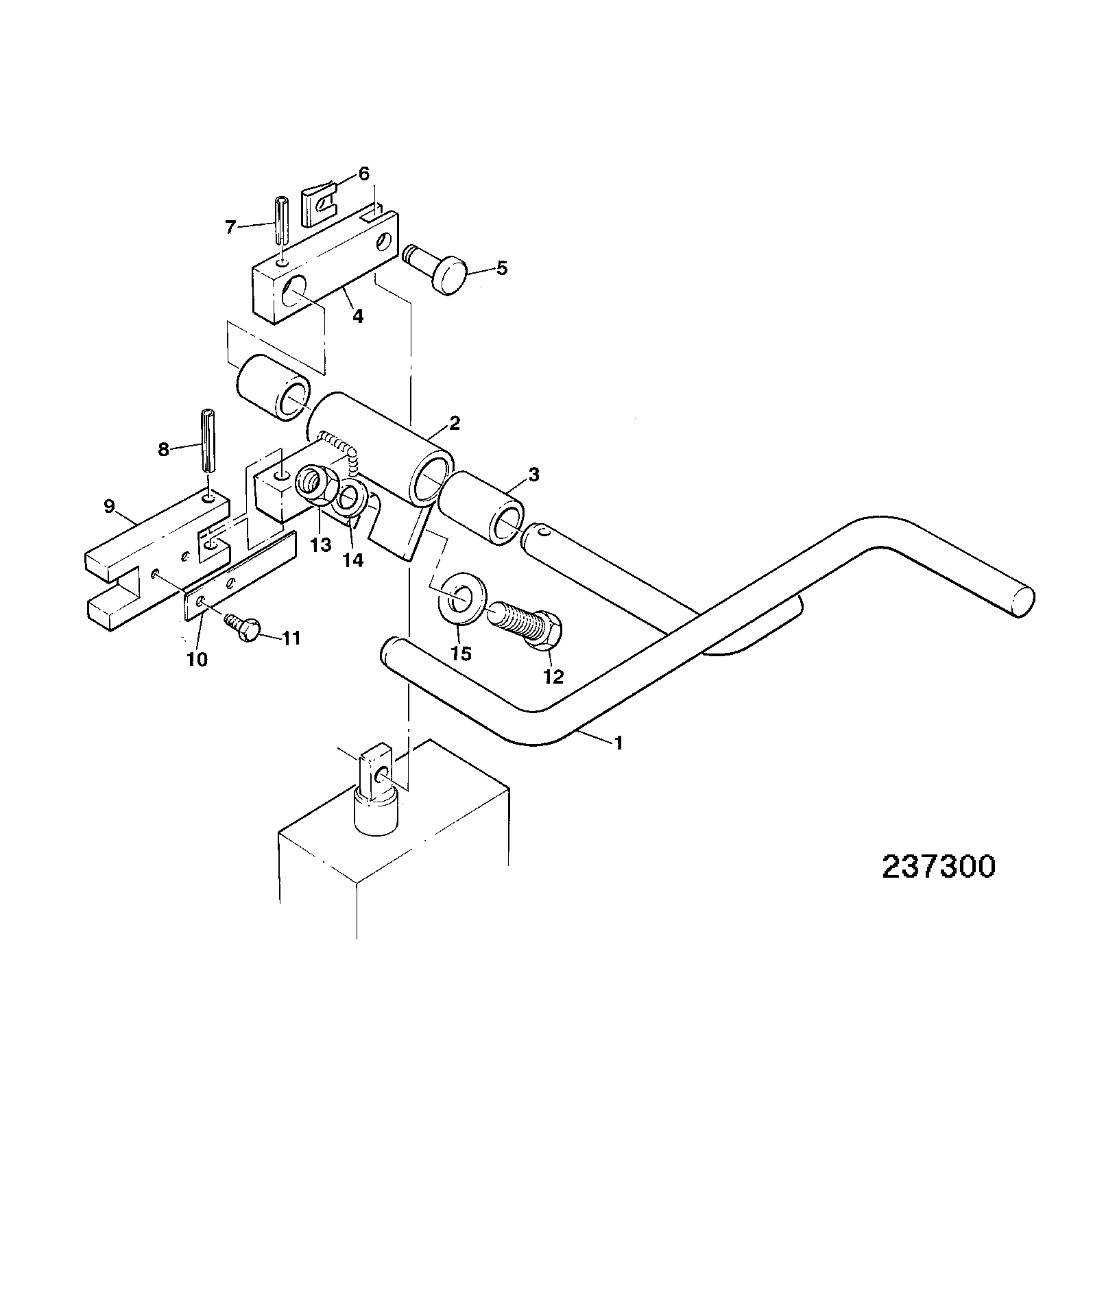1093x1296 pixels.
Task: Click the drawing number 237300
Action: tap(938, 867)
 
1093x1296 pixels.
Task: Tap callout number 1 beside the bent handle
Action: tap(618, 742)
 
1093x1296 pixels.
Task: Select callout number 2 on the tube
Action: tap(455, 424)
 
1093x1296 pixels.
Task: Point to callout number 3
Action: tap(534, 474)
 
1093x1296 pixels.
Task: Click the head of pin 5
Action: tap(449, 274)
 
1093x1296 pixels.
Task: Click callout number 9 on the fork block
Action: tap(109, 507)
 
